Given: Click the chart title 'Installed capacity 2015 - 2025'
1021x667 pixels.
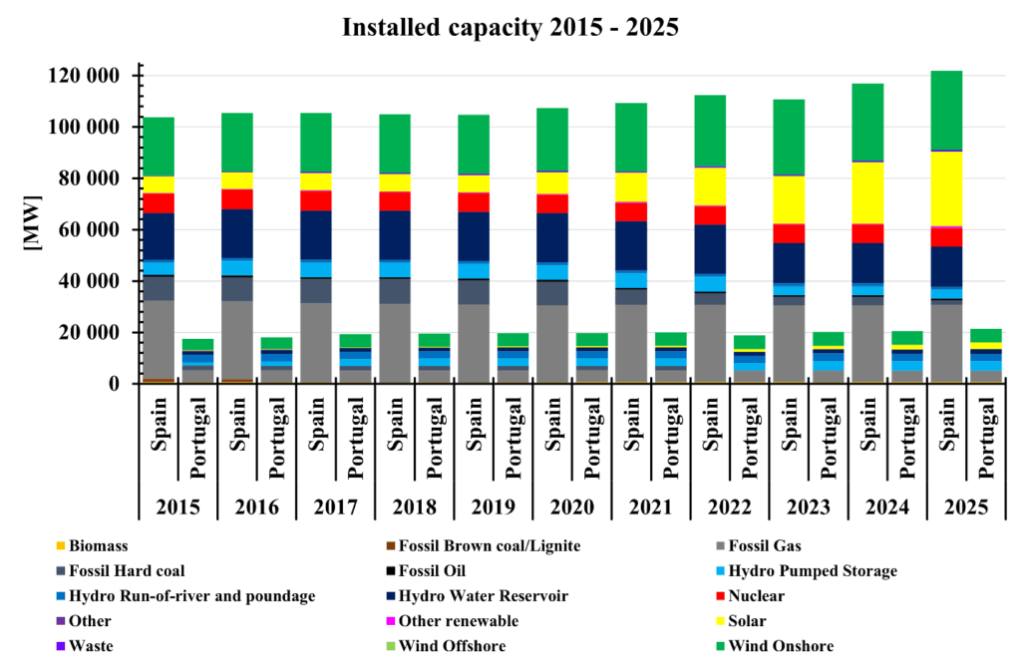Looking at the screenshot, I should (510, 27).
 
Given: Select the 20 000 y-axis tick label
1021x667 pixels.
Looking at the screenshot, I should (97, 332).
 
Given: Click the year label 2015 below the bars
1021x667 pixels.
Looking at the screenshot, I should (177, 507).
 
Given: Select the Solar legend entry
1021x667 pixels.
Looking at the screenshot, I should (753, 621).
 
